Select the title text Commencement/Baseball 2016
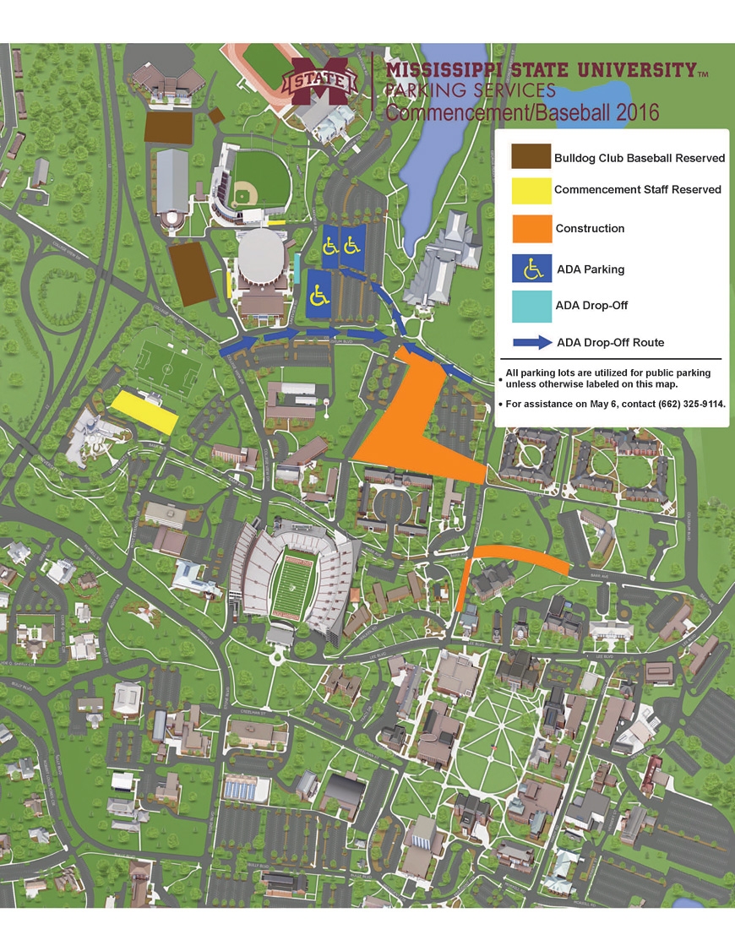[x=522, y=111]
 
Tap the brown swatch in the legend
[x=530, y=157]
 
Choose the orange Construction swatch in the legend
[x=531, y=229]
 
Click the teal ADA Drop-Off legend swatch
[x=531, y=306]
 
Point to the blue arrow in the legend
[x=530, y=343]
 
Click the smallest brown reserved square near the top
[x=215, y=115]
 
